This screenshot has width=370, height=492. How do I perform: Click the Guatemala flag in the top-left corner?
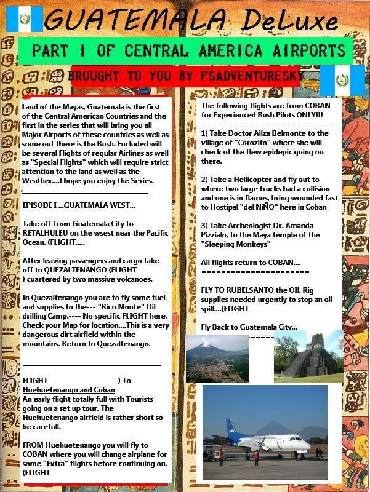point(24,19)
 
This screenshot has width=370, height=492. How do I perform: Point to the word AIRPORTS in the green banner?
point(310,50)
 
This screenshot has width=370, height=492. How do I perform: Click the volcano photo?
point(217,358)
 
